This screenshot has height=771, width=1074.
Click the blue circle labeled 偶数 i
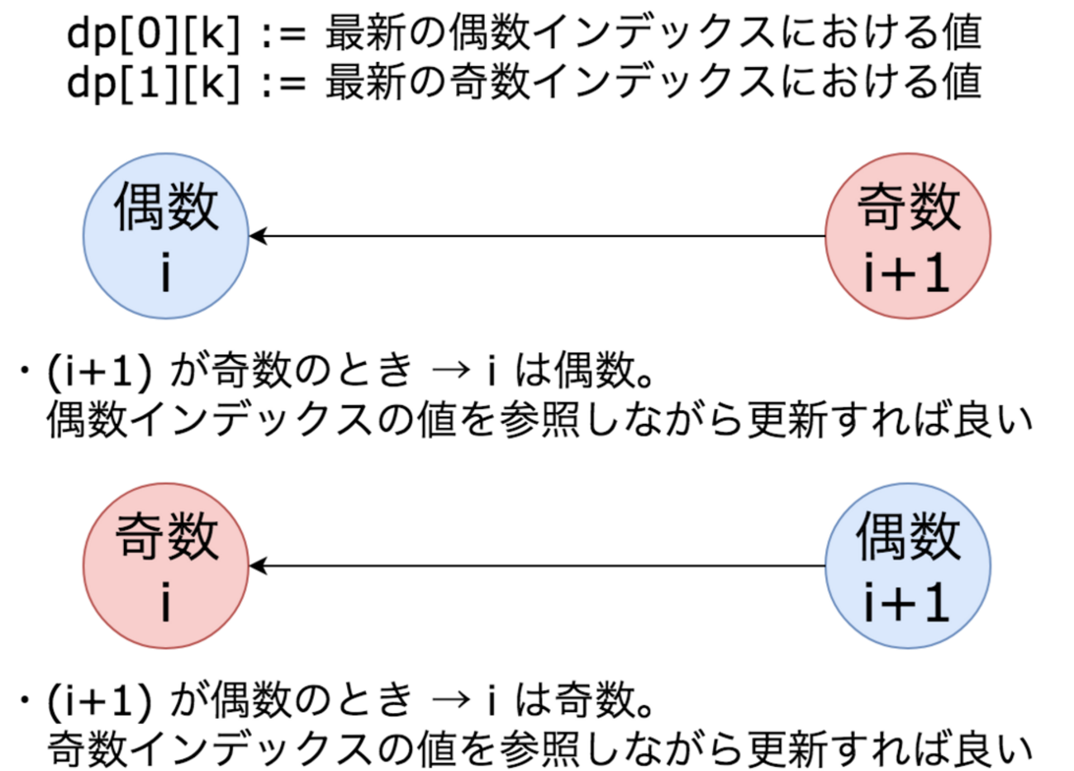[165, 236]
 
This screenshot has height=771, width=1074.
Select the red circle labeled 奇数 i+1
[908, 236]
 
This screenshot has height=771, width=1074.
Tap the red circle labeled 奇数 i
[165, 566]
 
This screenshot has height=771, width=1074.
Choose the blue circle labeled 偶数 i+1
[908, 566]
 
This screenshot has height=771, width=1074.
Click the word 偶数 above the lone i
[166, 207]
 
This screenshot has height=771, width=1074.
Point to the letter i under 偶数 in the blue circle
[166, 274]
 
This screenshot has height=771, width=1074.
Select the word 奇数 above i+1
[909, 207]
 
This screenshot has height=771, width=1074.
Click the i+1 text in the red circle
[906, 274]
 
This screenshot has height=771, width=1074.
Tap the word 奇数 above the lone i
[166, 537]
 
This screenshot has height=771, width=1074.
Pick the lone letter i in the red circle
[166, 604]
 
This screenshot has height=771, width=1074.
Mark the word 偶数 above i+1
[909, 537]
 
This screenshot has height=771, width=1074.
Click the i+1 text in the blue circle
[906, 604]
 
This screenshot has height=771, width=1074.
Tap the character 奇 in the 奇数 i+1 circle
[882, 207]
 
